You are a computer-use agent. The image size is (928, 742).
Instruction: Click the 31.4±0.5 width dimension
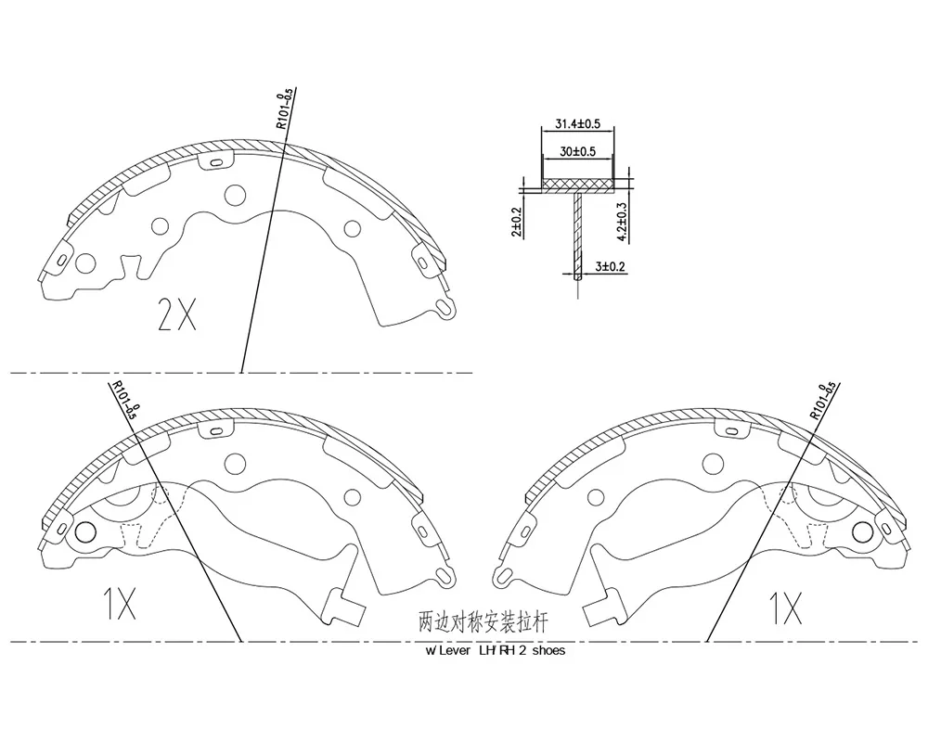(x=577, y=124)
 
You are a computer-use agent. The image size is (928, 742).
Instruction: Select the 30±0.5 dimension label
(x=577, y=151)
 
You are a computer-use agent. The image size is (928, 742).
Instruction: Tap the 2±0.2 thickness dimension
(x=517, y=223)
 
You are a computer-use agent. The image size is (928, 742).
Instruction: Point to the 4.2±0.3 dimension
(x=622, y=222)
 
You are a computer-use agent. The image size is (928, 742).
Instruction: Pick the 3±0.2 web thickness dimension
(x=611, y=267)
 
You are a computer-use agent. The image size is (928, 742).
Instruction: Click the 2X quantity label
(x=177, y=314)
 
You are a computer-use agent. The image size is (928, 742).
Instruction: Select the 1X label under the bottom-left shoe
(x=120, y=604)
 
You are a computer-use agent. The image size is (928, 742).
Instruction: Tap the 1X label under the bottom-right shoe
(x=785, y=608)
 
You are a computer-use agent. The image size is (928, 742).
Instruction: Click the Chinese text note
(x=483, y=621)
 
